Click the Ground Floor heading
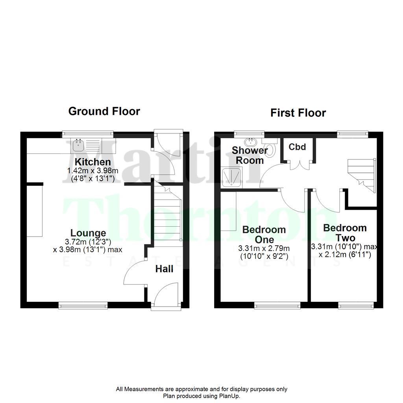pyautogui.click(x=104, y=111)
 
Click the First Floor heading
pyautogui.click(x=298, y=113)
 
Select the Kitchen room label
pyautogui.click(x=93, y=162)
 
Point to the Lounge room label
pyautogui.click(x=88, y=233)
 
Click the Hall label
pyautogui.click(x=164, y=269)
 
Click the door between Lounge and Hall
pyautogui.click(x=136, y=274)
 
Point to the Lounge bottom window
pyautogui.click(x=83, y=304)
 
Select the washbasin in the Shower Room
pyautogui.click(x=250, y=142)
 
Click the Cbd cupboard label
pyautogui.click(x=297, y=147)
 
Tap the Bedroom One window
pyautogui.click(x=277, y=304)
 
